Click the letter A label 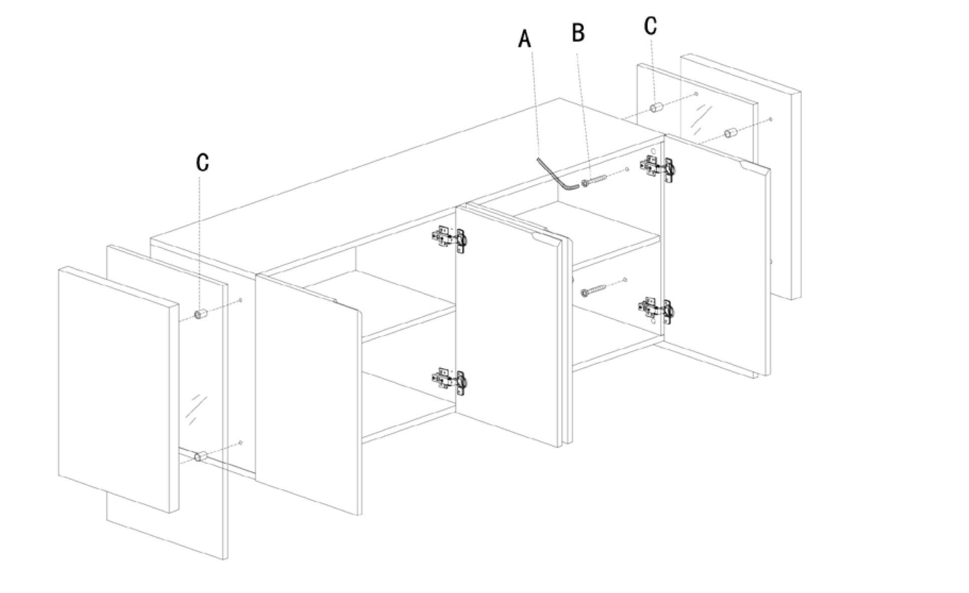pyautogui.click(x=525, y=39)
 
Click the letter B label pyautogui.click(x=578, y=33)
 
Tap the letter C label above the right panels pyautogui.click(x=651, y=25)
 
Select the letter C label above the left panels pyautogui.click(x=202, y=162)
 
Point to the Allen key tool pyautogui.click(x=557, y=175)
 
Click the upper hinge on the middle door pyautogui.click(x=449, y=238)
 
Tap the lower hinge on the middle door pyautogui.click(x=449, y=381)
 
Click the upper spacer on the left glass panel pyautogui.click(x=201, y=314)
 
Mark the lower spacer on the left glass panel pyautogui.click(x=200, y=456)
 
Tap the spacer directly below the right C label pyautogui.click(x=657, y=107)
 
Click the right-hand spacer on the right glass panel pyautogui.click(x=730, y=133)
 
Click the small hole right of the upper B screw pyautogui.click(x=628, y=170)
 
